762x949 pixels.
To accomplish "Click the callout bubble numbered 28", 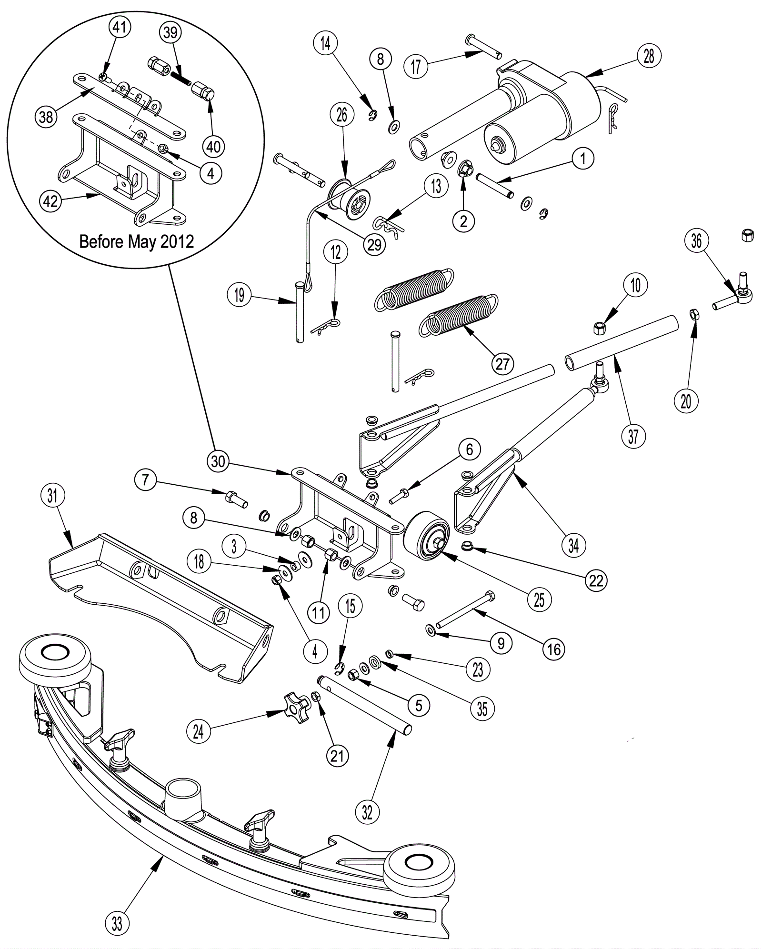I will click(649, 56).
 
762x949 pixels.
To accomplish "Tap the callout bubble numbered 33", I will click(117, 924).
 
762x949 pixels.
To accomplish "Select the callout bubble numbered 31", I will click(52, 496).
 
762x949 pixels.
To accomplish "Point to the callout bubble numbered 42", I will click(50, 201).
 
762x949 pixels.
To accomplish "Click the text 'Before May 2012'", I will click(137, 241).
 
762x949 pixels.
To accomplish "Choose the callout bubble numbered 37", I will click(633, 436).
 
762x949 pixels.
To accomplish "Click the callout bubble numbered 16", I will click(553, 649).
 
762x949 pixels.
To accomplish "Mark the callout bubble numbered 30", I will click(218, 461).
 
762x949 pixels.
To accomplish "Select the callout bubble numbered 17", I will click(416, 66).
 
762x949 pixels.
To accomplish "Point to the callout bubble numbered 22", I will click(596, 580).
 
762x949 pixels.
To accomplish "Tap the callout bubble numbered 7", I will click(146, 480).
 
